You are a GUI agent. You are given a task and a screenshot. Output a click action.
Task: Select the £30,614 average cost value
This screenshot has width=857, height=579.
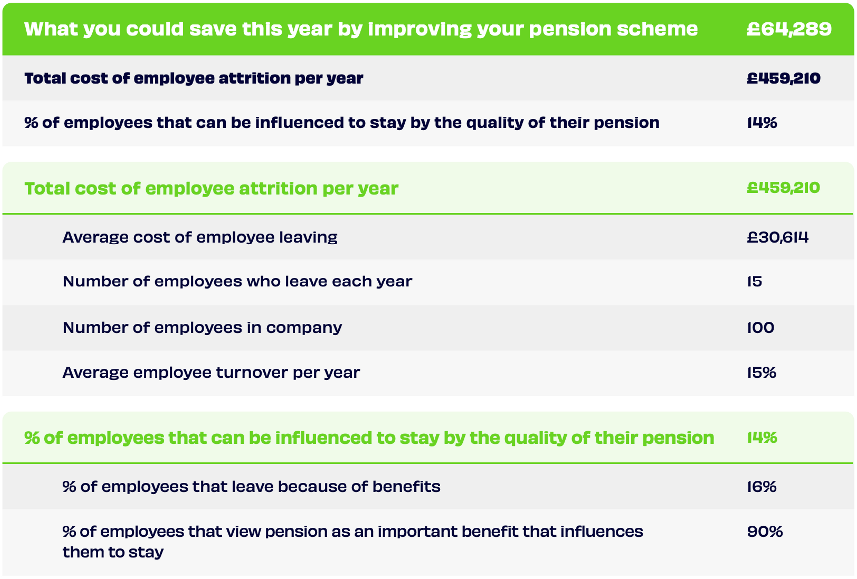tap(777, 237)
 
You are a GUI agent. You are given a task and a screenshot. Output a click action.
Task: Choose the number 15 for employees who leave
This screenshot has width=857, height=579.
tap(755, 281)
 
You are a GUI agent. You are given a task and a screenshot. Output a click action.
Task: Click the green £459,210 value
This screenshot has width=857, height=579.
tap(783, 188)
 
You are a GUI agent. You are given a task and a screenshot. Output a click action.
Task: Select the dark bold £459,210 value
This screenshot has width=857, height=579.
tap(783, 78)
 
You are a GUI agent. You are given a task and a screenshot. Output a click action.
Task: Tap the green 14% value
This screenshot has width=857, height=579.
tap(762, 438)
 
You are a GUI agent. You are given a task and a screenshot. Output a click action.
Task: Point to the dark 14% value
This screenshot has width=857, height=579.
tap(762, 122)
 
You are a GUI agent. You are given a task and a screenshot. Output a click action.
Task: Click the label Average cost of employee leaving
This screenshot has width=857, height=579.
tap(200, 237)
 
